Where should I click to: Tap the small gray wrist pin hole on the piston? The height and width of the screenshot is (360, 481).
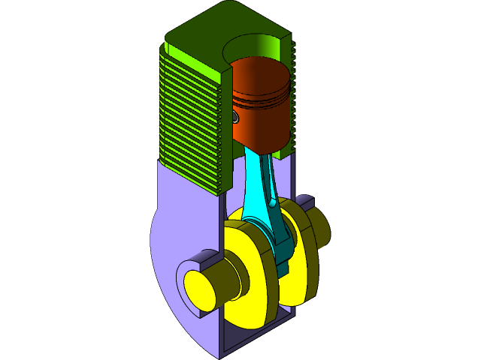[x=235, y=118]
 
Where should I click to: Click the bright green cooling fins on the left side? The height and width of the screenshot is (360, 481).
[x=188, y=112]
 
